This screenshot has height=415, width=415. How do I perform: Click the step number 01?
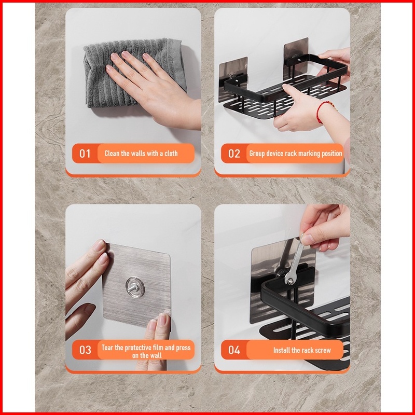click(x=85, y=154)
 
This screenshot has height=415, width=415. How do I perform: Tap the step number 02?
click(x=234, y=154)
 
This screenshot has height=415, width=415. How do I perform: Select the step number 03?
click(x=85, y=350)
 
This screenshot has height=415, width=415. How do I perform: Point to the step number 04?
click(x=234, y=350)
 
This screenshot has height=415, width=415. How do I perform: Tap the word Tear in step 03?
click(x=107, y=348)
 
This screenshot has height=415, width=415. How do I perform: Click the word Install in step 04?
click(x=282, y=350)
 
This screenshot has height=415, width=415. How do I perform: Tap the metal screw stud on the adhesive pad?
click(x=134, y=287)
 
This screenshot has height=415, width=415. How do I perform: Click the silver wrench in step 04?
click(x=294, y=261)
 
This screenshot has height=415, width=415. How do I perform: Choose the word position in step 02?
click(x=331, y=154)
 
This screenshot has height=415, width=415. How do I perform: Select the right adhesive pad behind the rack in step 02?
click(x=296, y=58)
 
